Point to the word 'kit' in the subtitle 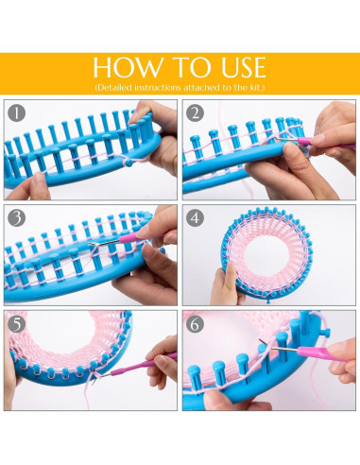[x=252, y=87]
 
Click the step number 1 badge [x=16, y=112]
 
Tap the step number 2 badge [x=195, y=112]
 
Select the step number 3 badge [x=16, y=216]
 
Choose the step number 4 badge [x=195, y=216]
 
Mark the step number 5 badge [x=16, y=321]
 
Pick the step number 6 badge [x=195, y=321]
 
